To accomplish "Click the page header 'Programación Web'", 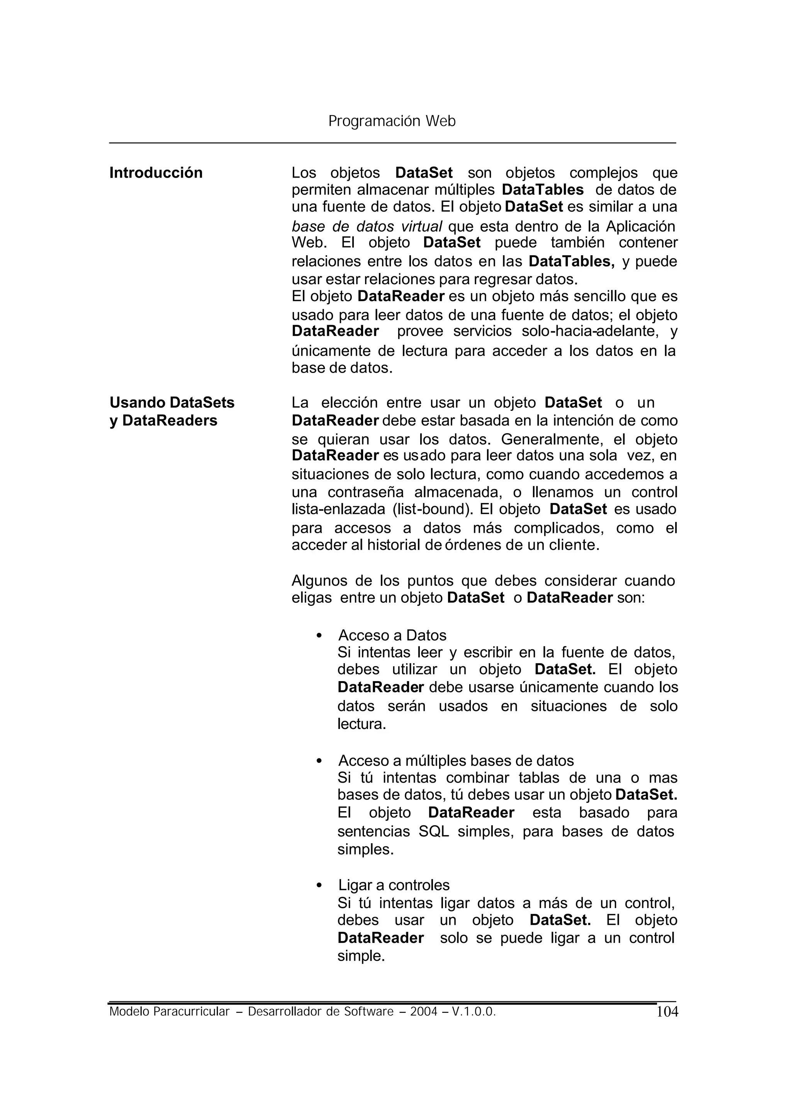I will [x=392, y=121].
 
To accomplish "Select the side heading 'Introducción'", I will [x=156, y=173].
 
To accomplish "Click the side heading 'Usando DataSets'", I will [x=172, y=403].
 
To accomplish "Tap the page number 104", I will [x=667, y=1012].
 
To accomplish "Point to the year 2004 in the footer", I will [x=423, y=1012].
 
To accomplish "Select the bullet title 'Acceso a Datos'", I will [x=392, y=636].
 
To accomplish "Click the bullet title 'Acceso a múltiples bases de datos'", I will [x=456, y=761].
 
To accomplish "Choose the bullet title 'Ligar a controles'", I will [x=394, y=885].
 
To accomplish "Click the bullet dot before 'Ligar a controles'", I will [x=319, y=886].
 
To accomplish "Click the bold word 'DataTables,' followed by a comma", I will [x=572, y=262].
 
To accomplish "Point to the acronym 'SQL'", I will [x=433, y=831].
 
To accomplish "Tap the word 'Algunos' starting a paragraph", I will [x=319, y=581].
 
